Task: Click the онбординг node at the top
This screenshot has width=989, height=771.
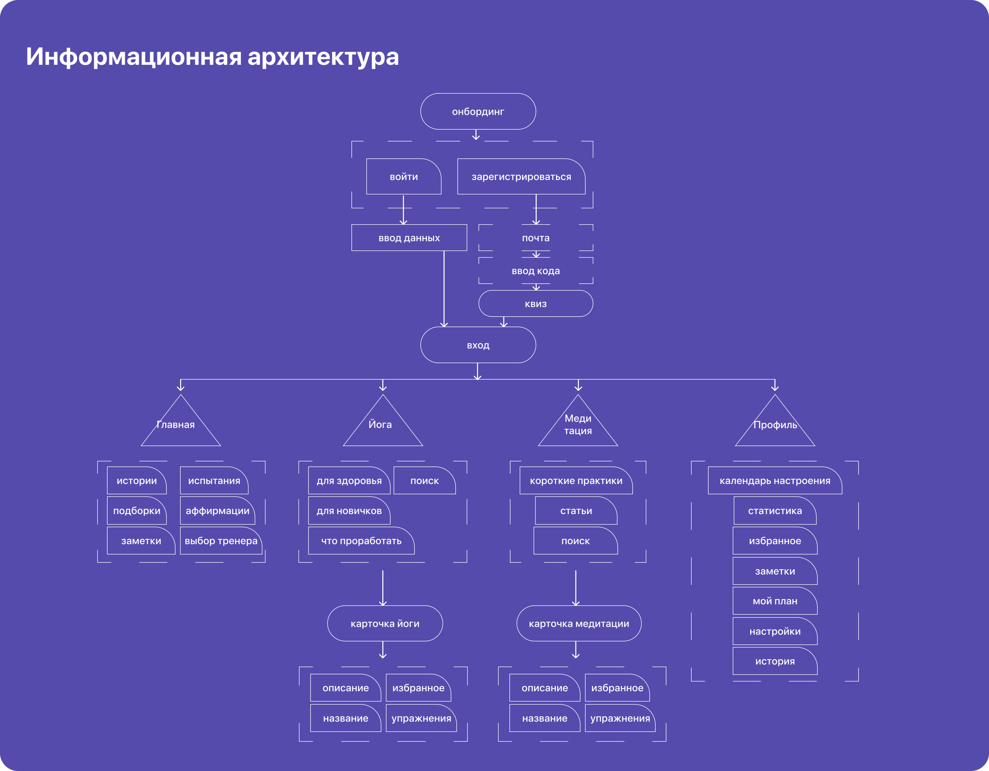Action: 478,111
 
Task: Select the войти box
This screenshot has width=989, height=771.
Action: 403,176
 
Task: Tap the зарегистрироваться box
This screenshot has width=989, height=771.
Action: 521,176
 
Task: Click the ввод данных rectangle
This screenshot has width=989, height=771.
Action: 409,238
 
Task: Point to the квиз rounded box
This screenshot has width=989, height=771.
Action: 536,304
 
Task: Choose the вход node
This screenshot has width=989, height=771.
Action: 478,345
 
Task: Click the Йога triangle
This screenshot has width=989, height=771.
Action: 383,425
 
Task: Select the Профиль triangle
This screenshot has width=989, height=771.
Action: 775,425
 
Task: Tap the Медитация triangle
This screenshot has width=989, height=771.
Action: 578,425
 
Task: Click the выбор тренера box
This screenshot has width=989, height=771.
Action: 221,541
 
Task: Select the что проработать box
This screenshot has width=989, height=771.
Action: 361,541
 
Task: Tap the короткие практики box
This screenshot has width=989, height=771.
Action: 576,481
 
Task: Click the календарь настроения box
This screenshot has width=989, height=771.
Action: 775,481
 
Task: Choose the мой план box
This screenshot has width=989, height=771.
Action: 775,601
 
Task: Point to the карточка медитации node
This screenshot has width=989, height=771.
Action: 579,623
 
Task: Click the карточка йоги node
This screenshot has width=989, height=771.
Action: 385,623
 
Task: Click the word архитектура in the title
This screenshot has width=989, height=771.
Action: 323,57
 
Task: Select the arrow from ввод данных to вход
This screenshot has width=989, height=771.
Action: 444,289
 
